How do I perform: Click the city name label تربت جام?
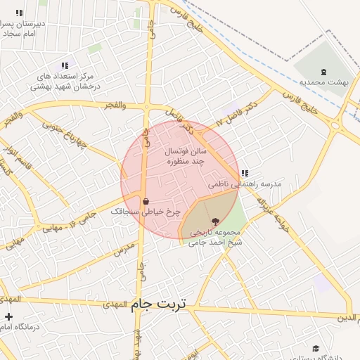tap(160, 304)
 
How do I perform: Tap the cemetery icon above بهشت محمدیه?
tap(323, 72)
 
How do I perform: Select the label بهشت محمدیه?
tap(324, 83)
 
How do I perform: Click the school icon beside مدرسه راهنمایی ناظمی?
tap(244, 173)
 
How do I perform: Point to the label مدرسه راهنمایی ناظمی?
tap(245, 184)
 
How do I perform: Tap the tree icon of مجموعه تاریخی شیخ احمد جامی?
tap(215, 221)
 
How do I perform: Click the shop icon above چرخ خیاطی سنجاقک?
tap(146, 200)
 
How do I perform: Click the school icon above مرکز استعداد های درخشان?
tap(65, 65)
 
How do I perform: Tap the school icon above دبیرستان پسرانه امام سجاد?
tap(18, 13)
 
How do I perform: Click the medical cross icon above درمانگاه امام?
tap(8, 316)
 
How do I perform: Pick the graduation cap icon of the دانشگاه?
tap(316, 349)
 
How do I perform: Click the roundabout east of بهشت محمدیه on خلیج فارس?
tap(335, 126)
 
